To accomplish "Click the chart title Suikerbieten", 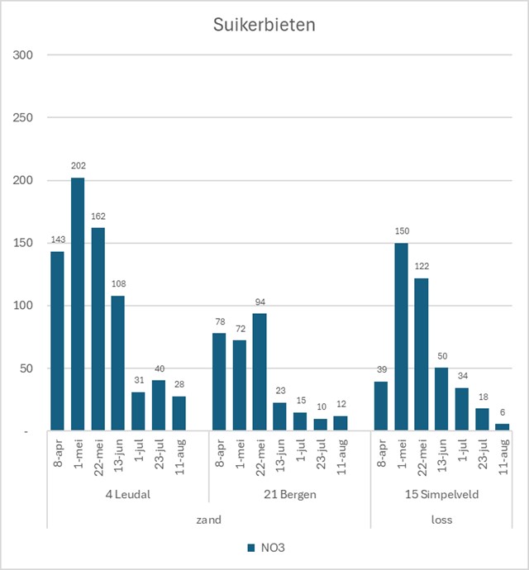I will tap(264, 25).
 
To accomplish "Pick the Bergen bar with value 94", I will tap(260, 372).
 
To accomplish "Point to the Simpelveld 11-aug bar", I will tap(502, 426).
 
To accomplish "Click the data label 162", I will tap(98, 216).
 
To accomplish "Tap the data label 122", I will tap(421, 267).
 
